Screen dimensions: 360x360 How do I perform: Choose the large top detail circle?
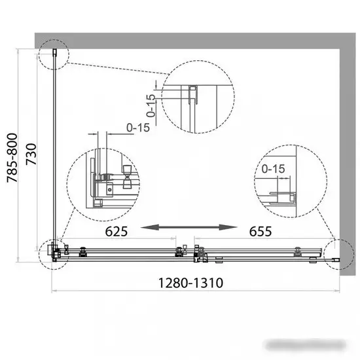click(197, 97)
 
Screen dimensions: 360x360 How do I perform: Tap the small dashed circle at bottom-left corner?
click(52, 252)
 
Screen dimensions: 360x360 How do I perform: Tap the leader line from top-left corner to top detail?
click(111, 69)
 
